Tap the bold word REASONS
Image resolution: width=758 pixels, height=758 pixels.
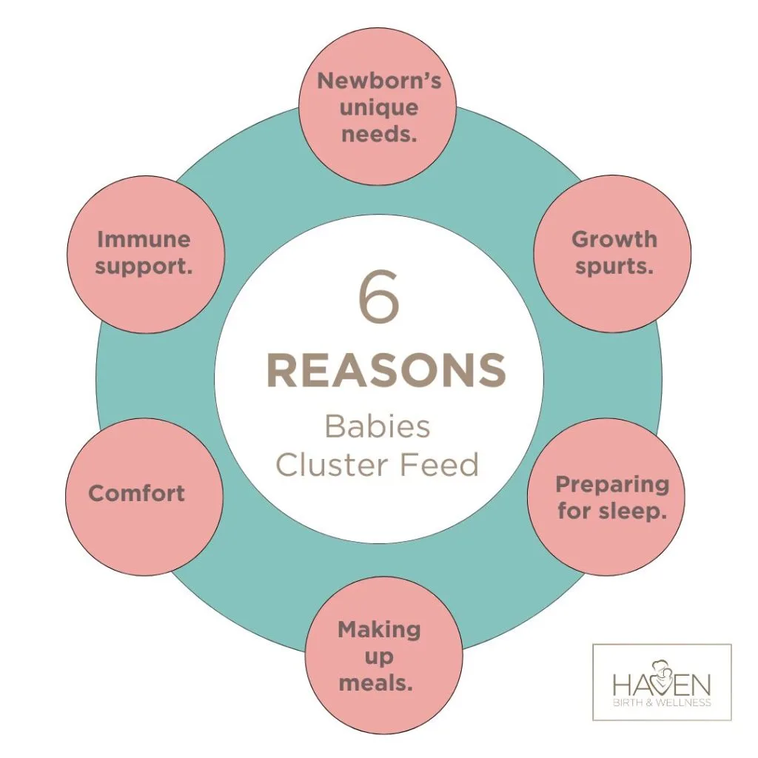(x=386, y=371)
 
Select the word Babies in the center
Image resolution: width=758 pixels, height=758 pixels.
(x=378, y=428)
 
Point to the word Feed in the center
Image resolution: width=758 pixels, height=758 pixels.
(x=446, y=465)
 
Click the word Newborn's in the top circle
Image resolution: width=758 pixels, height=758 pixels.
(x=379, y=81)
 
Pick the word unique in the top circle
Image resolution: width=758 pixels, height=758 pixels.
(x=378, y=108)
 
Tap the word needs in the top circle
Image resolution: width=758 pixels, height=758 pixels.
(x=378, y=135)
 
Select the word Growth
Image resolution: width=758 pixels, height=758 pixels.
(x=614, y=239)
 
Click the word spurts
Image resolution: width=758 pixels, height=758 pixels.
(x=614, y=266)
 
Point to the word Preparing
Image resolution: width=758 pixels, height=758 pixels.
(x=612, y=485)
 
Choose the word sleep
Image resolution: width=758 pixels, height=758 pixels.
(x=634, y=512)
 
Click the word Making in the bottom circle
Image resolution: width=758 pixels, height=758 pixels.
(x=379, y=630)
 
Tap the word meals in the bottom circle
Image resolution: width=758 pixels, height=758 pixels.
(x=376, y=683)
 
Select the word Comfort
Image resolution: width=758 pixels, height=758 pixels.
(x=137, y=494)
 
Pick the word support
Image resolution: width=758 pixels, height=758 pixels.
(x=144, y=266)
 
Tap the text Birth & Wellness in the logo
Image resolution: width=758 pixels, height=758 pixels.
(x=662, y=702)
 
